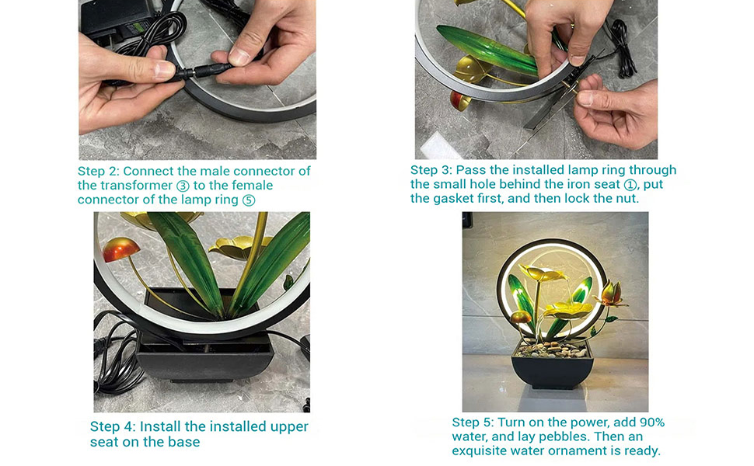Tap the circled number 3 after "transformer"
tap(183, 186)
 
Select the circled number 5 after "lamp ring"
tap(249, 200)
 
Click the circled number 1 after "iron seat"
tap(630, 185)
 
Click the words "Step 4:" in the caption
tap(113, 426)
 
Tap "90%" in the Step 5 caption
tap(652, 423)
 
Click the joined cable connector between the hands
tap(198, 73)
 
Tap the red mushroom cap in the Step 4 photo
tap(121, 249)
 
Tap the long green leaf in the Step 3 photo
tap(487, 50)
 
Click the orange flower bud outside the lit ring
tap(609, 294)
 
